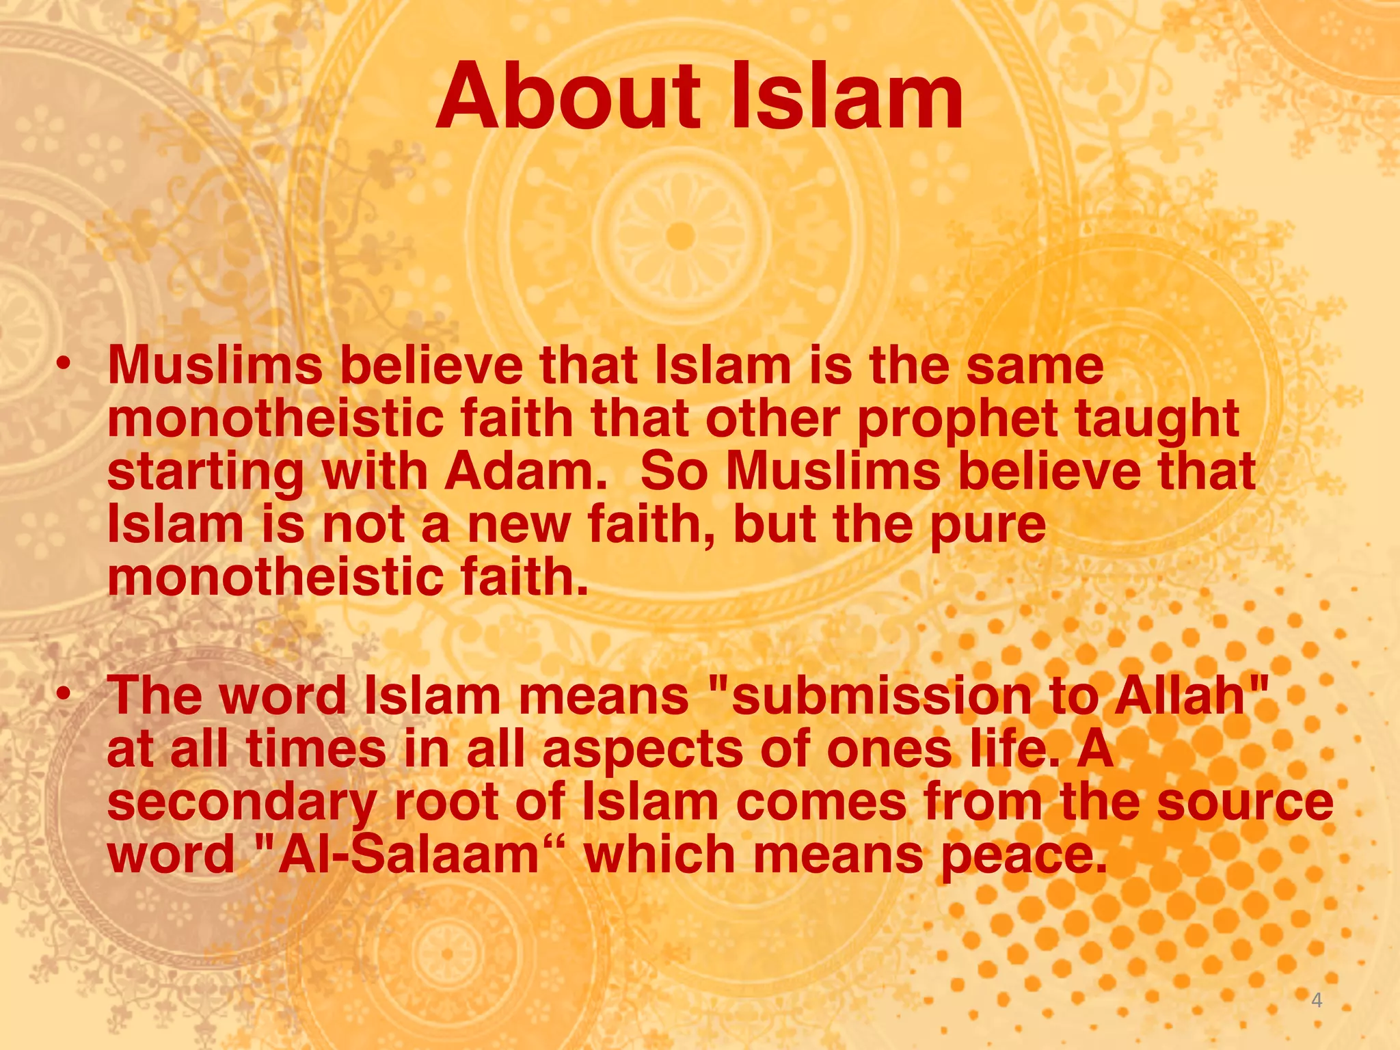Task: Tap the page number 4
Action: point(1316,1001)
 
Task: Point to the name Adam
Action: point(525,472)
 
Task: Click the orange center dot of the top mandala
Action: point(679,236)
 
